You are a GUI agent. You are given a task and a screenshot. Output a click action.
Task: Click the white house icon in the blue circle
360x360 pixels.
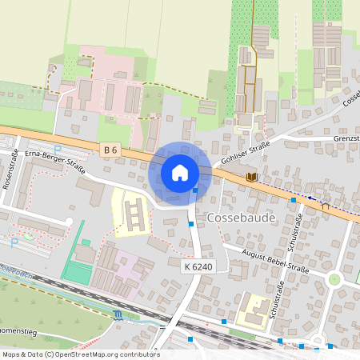coord(180,172)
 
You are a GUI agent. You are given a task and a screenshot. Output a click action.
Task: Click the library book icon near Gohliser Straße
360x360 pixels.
coord(253,176)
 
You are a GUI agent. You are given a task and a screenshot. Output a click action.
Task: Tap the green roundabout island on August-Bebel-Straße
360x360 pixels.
coord(334,279)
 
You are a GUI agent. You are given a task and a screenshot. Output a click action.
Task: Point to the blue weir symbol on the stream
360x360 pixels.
coord(119,315)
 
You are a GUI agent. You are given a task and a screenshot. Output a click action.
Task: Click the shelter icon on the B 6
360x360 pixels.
coord(325,206)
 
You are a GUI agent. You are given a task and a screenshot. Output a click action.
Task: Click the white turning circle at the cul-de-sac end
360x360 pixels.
coord(70,222)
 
